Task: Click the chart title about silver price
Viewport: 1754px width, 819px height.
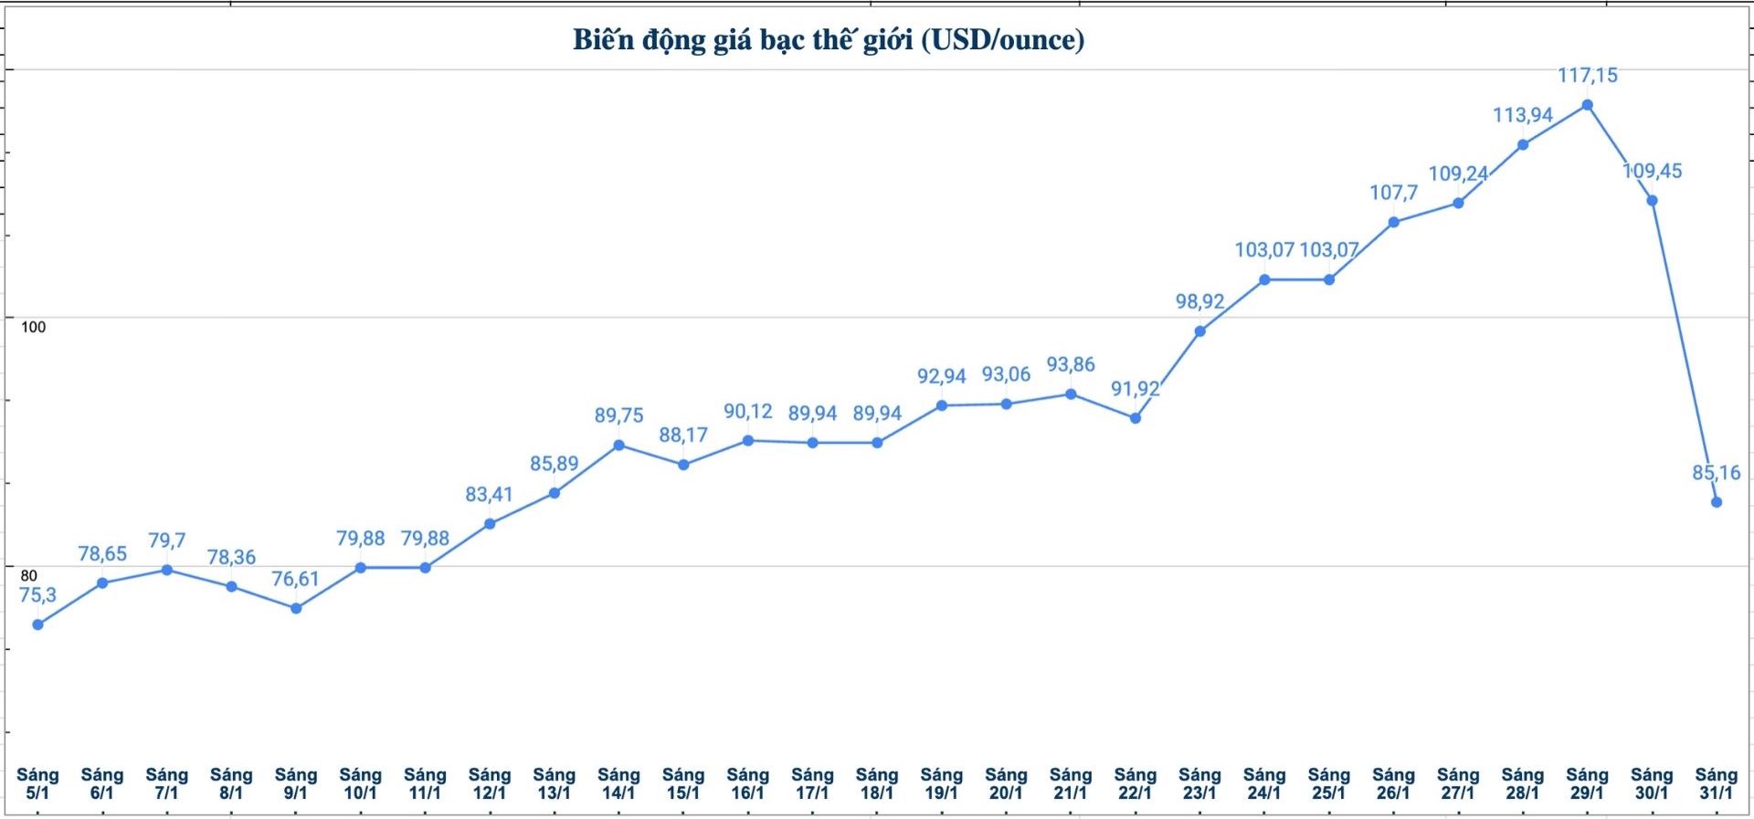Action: pos(829,40)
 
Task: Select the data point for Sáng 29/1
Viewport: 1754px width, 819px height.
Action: pos(1587,105)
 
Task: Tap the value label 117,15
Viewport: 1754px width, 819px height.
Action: pos(1587,75)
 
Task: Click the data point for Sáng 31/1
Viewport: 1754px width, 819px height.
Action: pos(1717,502)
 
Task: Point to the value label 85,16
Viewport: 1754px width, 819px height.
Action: pos(1716,473)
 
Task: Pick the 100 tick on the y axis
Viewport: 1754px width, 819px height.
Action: pos(33,327)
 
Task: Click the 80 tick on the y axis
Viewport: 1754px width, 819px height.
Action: pos(29,575)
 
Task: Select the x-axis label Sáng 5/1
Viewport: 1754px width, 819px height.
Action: pos(37,783)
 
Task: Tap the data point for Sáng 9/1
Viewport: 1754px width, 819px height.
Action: pos(296,608)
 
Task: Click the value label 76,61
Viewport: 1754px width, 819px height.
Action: pos(295,579)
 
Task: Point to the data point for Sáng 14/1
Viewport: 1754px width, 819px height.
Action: pos(618,446)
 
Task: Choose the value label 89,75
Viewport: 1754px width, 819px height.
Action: pos(618,415)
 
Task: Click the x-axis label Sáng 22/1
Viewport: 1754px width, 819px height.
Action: pos(1135,783)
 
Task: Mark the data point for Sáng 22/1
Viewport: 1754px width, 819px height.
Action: pos(1136,418)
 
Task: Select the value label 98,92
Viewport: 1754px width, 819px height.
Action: pos(1199,301)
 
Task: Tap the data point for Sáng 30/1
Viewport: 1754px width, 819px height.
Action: pos(1652,201)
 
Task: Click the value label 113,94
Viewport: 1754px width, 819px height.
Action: pos(1522,115)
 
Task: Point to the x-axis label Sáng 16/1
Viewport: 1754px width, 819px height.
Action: pos(747,783)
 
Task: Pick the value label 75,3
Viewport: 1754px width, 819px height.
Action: pos(37,595)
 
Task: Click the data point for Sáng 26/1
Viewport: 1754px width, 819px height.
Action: pos(1393,222)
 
